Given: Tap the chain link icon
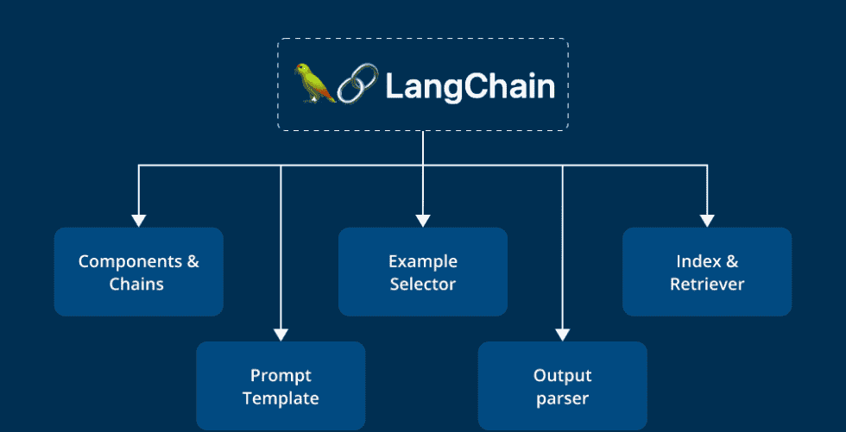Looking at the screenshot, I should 355,85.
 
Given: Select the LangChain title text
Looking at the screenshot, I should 469,86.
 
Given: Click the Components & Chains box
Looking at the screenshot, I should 138,272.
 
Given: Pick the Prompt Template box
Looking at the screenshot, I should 281,386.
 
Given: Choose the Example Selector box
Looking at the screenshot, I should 422,272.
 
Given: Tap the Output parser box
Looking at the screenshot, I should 562,386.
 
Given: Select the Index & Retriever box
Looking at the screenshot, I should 706,272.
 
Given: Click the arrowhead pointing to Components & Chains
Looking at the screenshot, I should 138,220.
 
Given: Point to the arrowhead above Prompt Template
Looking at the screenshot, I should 281,334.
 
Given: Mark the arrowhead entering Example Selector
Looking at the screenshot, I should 422,220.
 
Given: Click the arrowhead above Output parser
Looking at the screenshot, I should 562,334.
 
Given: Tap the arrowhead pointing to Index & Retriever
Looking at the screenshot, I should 706,220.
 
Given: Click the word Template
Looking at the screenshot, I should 281,398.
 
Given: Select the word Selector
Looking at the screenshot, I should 422,284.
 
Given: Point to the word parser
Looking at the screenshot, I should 562,399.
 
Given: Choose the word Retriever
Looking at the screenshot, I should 706,284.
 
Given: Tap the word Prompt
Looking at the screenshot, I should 281,376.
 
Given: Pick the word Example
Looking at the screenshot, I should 422,261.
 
